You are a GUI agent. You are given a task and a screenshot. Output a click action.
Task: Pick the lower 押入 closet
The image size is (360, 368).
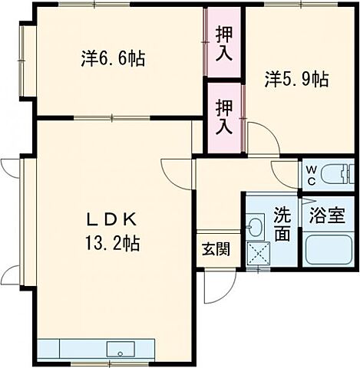tap(224, 116)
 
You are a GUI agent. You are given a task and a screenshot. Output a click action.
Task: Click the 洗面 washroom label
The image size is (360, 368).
tap(282, 225)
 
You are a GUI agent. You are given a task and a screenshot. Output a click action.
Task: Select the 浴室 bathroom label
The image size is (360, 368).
tap(327, 215)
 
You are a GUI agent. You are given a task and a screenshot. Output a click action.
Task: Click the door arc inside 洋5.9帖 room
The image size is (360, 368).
tap(258, 137)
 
